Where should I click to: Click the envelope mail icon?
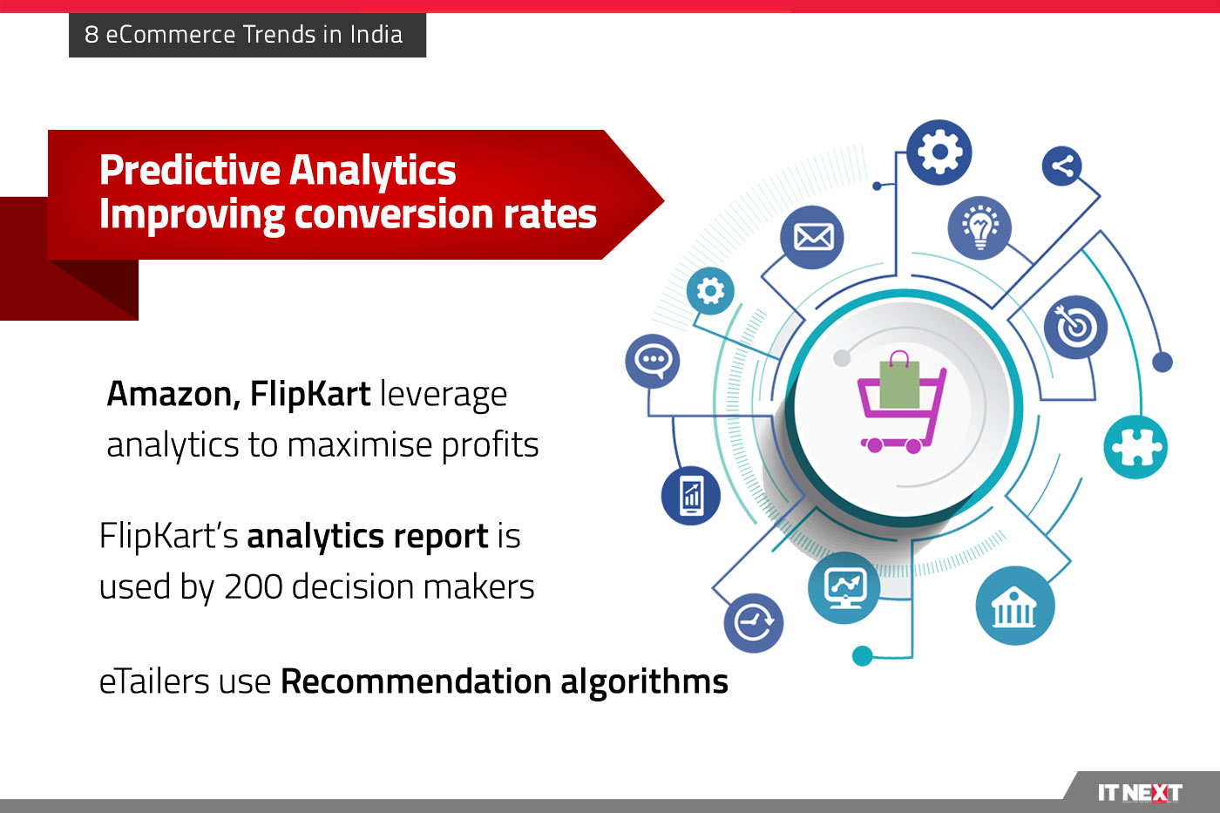pyautogui.click(x=811, y=237)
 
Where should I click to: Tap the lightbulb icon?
pyautogui.click(x=979, y=227)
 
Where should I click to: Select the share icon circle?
pyautogui.click(x=1061, y=166)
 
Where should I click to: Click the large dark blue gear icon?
pyautogui.click(x=939, y=152)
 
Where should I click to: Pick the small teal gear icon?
pyautogui.click(x=710, y=291)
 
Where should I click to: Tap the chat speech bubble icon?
pyautogui.click(x=653, y=361)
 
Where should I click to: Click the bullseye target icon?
pyautogui.click(x=1075, y=328)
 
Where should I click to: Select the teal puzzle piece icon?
pyautogui.click(x=1135, y=447)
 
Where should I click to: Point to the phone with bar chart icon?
pyautogui.click(x=690, y=496)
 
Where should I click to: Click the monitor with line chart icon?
pyautogui.click(x=844, y=587)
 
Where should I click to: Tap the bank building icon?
pyautogui.click(x=1014, y=606)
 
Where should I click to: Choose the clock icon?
pyautogui.click(x=754, y=623)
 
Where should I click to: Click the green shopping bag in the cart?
pyautogui.click(x=899, y=381)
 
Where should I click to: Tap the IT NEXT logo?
pyautogui.click(x=1140, y=793)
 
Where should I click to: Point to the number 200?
pyautogui.click(x=254, y=587)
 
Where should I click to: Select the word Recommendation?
pyautogui.click(x=417, y=681)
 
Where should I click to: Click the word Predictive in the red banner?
pyautogui.click(x=190, y=171)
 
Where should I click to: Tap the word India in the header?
pyautogui.click(x=376, y=34)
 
